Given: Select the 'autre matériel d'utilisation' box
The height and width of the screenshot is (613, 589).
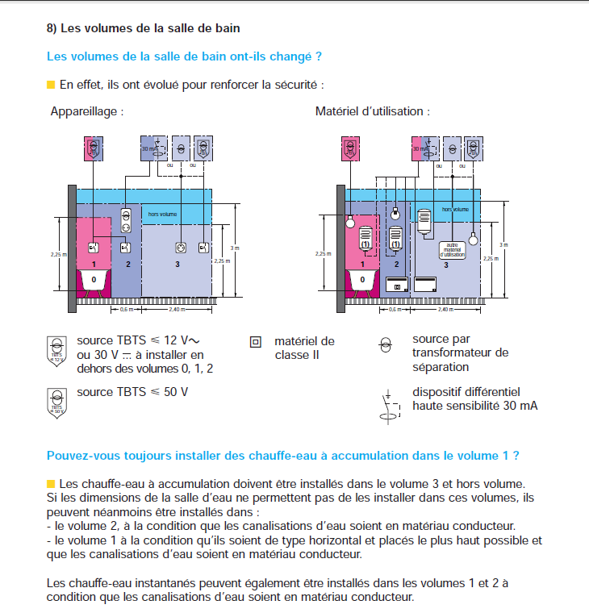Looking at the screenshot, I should coord(453,250).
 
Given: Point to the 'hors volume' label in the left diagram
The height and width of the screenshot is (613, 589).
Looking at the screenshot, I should coord(163,215).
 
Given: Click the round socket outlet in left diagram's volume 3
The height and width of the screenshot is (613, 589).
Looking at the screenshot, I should coord(182,248).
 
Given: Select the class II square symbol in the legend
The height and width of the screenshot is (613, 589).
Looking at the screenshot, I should coord(256,342).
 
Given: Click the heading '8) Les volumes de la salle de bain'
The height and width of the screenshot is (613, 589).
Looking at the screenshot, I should coord(143,28).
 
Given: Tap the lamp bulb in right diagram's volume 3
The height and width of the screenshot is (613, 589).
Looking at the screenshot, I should coord(474,240).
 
